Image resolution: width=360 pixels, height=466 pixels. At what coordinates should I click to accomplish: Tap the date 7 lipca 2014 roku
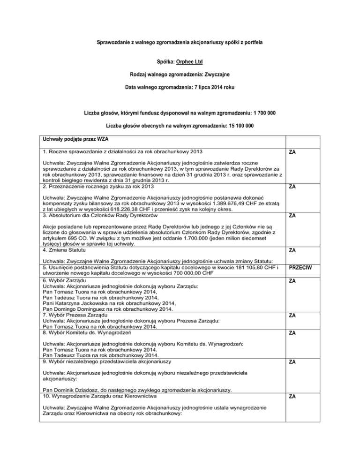[x=212, y=87]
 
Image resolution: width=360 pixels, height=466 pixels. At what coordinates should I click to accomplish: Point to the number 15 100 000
[x=235, y=126]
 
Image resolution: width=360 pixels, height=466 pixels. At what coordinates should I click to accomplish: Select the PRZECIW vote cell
[x=302, y=268]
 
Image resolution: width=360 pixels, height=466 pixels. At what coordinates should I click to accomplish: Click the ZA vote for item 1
[x=292, y=152]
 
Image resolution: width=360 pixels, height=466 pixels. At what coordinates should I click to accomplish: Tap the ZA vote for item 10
[x=292, y=397]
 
